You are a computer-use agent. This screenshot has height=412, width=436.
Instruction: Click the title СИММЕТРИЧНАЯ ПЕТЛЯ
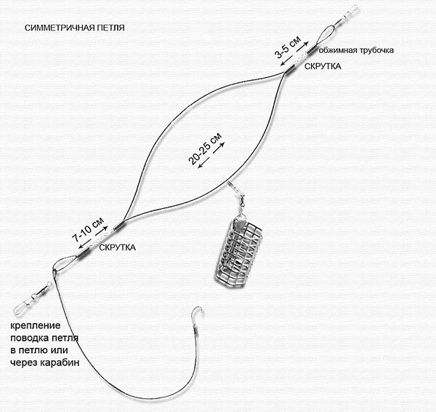click(75, 28)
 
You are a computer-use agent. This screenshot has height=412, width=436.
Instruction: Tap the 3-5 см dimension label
click(288, 47)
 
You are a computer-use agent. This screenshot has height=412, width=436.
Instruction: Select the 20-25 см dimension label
click(205, 148)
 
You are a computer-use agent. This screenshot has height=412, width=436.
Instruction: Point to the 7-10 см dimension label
click(88, 229)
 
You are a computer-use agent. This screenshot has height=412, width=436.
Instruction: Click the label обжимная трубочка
click(356, 50)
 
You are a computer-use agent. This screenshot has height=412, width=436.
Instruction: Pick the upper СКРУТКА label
click(323, 66)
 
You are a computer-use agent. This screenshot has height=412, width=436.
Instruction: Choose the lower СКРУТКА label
click(117, 247)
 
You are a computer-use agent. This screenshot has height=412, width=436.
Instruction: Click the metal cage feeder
click(238, 253)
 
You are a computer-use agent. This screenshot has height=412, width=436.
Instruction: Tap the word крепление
click(36, 325)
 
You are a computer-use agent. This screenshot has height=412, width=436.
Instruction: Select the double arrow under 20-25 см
click(211, 156)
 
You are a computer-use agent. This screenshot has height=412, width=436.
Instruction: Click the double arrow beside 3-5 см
click(294, 54)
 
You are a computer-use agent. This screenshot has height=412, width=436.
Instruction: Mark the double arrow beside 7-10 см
click(93, 237)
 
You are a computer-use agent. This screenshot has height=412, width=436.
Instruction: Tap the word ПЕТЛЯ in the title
click(110, 28)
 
